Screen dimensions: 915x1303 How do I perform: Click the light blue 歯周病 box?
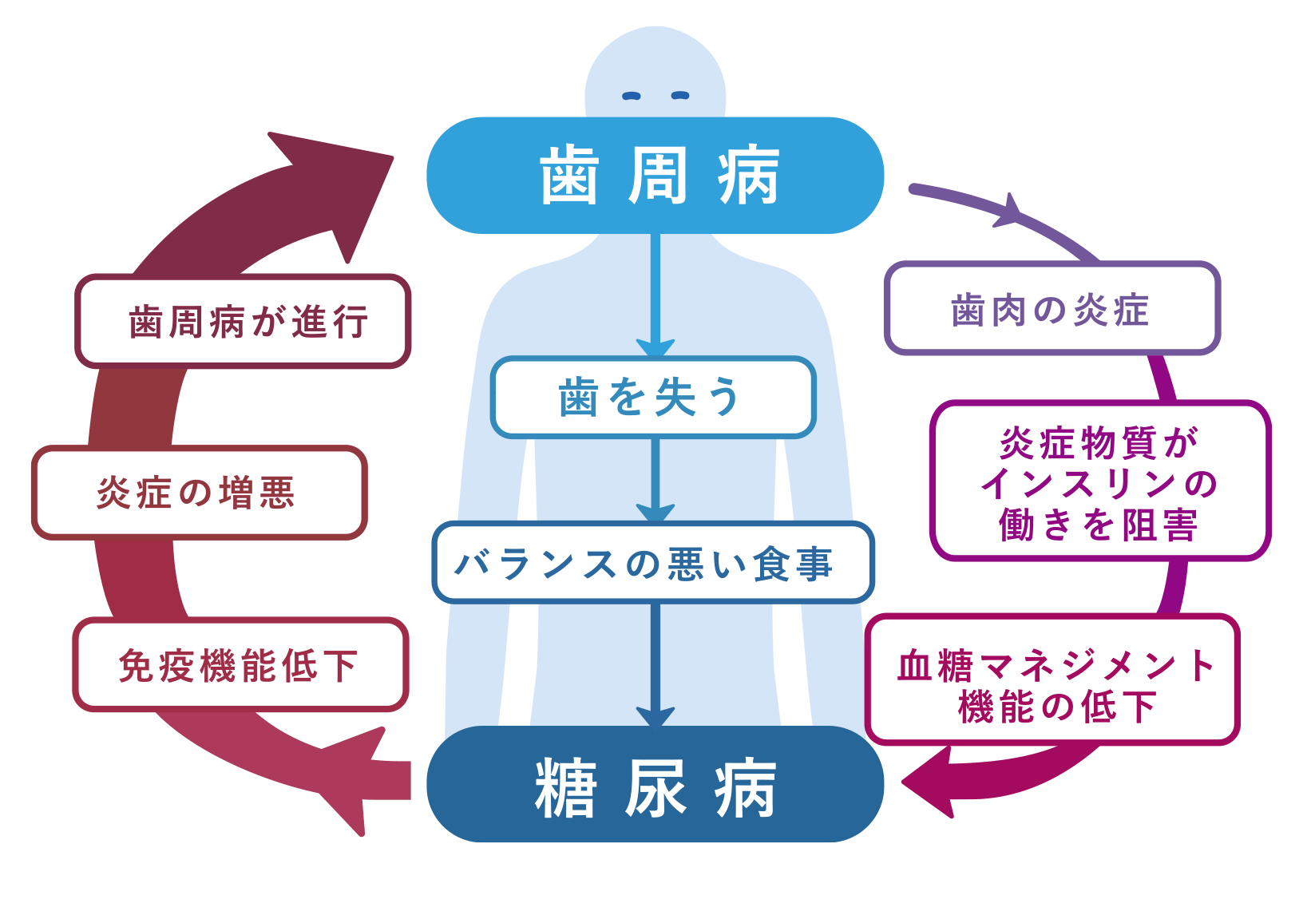(655, 176)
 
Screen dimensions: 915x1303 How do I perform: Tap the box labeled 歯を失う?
(653, 398)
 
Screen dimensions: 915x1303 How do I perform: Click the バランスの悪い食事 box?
(653, 563)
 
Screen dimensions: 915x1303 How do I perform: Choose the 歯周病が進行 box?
(243, 321)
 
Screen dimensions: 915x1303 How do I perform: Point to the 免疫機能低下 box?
(240, 664)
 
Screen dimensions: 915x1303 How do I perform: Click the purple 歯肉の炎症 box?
(1052, 309)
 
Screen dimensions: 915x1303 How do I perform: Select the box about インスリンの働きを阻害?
(1099, 481)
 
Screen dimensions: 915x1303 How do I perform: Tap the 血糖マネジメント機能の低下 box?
(1052, 680)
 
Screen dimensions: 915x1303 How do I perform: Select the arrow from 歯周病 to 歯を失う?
(655, 295)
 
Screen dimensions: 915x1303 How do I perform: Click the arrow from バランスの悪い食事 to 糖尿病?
(655, 663)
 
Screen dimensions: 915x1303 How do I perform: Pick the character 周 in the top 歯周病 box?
(656, 176)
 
